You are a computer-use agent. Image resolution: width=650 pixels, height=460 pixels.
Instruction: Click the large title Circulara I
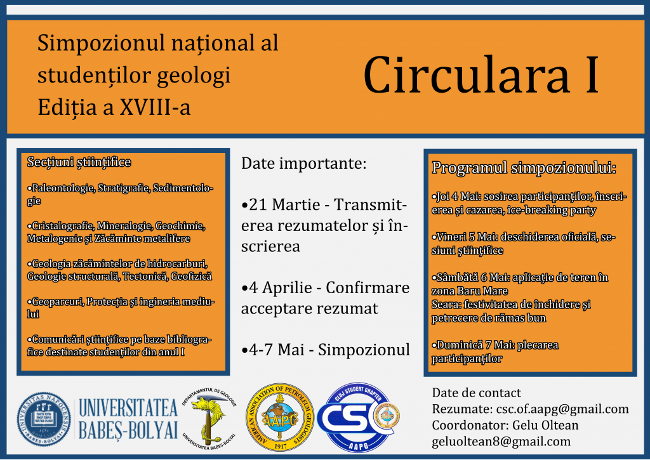(481, 76)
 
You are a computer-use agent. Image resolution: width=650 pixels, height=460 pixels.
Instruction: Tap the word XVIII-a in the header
(155, 107)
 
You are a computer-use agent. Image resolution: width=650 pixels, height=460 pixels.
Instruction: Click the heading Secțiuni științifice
(79, 162)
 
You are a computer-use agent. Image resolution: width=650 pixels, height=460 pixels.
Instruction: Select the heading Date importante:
(304, 163)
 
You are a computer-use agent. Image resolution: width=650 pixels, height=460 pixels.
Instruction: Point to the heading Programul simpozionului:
(524, 168)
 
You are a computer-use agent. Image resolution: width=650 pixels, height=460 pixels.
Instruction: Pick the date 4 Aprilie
(281, 287)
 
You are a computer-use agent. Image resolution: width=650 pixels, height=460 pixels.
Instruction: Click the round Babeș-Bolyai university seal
(44, 419)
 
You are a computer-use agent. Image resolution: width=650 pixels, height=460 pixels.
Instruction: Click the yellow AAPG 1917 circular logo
(280, 417)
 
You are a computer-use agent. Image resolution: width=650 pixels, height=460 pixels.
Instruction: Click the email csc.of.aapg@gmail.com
(562, 409)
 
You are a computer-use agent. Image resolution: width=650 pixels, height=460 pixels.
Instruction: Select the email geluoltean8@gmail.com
(501, 442)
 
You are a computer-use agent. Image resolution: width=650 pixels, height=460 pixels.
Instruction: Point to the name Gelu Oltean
(545, 425)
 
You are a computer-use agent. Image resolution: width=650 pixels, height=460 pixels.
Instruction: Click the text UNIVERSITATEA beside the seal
(128, 408)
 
